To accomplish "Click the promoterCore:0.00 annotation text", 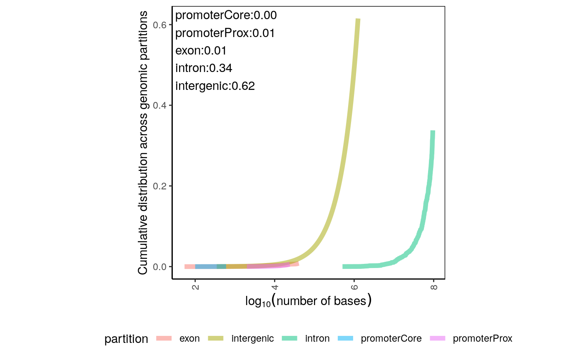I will coord(226,15).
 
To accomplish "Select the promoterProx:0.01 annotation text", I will coord(225,33).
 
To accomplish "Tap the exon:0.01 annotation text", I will coord(201,51).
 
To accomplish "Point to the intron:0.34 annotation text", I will coord(204,68).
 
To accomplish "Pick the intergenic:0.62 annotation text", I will coord(215,86).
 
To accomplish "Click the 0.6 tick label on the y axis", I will coord(161,25).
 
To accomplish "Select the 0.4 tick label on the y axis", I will coord(161,106).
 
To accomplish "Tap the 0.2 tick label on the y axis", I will coord(161,186).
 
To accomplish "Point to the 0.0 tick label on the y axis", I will coord(161,266).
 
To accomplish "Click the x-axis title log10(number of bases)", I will coord(308,301).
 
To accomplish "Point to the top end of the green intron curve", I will coord(433,132).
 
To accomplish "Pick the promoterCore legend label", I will coord(391,338).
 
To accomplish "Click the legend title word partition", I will coord(126,339).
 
